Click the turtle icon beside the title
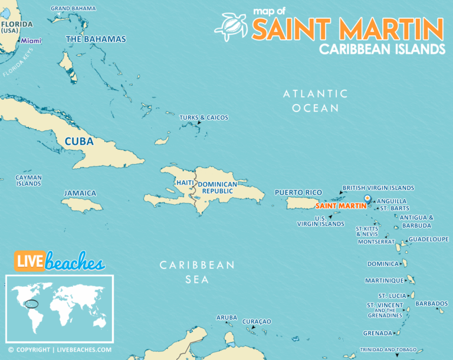[x=231, y=25]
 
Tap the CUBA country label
[x=79, y=142]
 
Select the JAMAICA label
[x=80, y=193]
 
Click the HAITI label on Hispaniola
[x=183, y=183]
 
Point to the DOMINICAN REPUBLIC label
[x=217, y=188]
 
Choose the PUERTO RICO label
[x=298, y=192]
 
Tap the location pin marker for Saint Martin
[x=367, y=199]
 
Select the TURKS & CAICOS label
[x=203, y=117]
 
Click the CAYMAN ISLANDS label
[x=28, y=180]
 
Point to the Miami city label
[x=31, y=41]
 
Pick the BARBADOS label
[x=431, y=303]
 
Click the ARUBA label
[x=226, y=318]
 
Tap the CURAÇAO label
[x=257, y=321]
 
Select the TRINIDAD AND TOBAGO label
[x=388, y=349]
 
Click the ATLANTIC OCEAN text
[x=316, y=101]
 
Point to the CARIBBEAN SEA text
[x=197, y=272]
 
